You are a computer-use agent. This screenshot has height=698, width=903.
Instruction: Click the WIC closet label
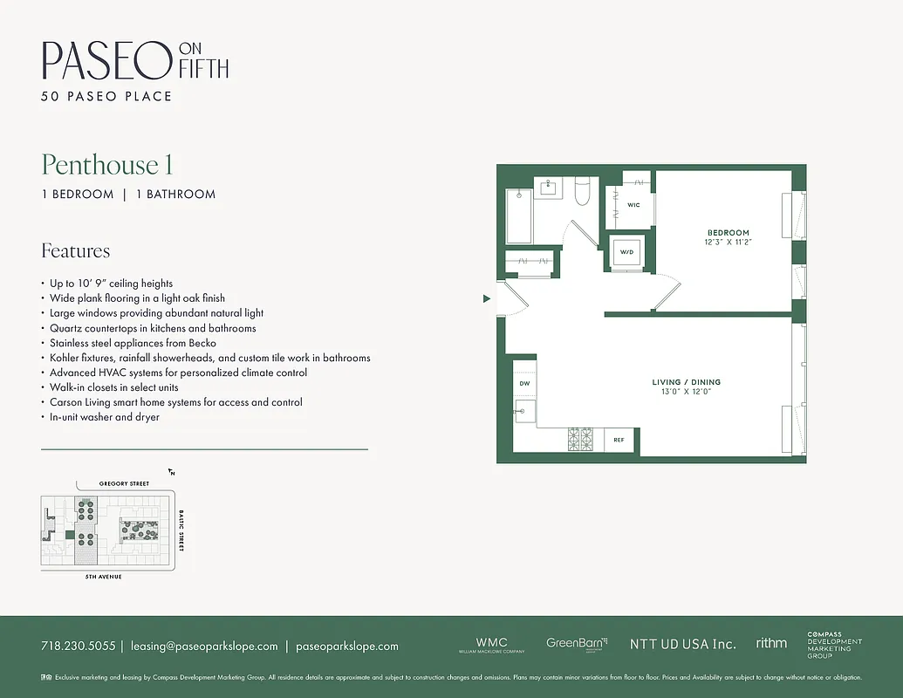(633, 205)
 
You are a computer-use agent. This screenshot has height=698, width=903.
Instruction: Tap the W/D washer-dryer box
(626, 252)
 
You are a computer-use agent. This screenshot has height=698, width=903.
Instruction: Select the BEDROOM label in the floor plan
(728, 232)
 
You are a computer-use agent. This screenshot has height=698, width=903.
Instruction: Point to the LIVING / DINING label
(686, 382)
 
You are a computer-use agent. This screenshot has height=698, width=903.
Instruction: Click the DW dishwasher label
(524, 383)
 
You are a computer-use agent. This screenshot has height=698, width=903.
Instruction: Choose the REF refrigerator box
(619, 440)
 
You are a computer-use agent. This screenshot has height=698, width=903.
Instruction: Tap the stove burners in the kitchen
(580, 439)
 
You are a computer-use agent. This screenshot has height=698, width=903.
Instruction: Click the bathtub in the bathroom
(519, 216)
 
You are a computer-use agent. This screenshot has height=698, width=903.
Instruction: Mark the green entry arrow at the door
(487, 299)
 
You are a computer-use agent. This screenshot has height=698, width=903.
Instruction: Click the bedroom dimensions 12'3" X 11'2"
(729, 242)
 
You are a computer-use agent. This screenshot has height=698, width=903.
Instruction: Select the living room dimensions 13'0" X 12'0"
(686, 392)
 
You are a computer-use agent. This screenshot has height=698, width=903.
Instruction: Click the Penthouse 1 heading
(106, 165)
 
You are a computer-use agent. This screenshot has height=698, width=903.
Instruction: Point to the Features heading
(76, 251)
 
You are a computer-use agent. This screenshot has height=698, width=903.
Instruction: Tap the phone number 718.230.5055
(78, 647)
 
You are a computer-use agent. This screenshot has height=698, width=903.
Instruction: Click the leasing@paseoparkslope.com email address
(204, 647)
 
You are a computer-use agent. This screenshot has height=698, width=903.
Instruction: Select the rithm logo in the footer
(771, 643)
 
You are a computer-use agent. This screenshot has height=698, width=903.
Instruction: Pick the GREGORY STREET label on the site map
(124, 483)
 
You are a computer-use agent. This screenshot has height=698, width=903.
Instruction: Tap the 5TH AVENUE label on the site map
(103, 578)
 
